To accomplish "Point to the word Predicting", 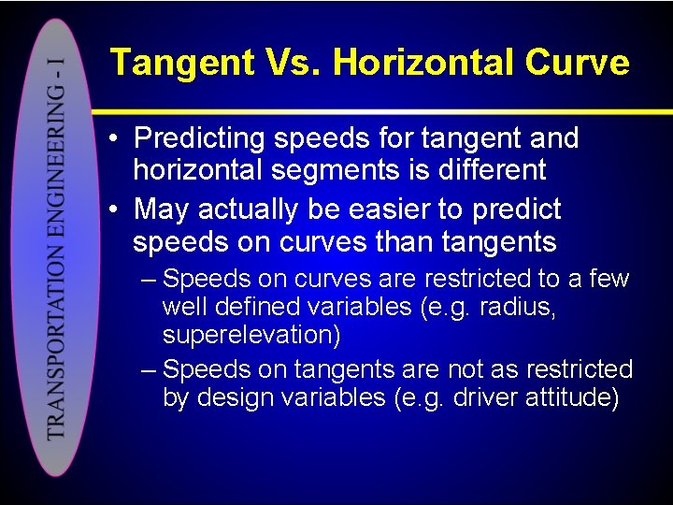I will (x=199, y=138).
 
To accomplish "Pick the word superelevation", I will (x=251, y=335).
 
